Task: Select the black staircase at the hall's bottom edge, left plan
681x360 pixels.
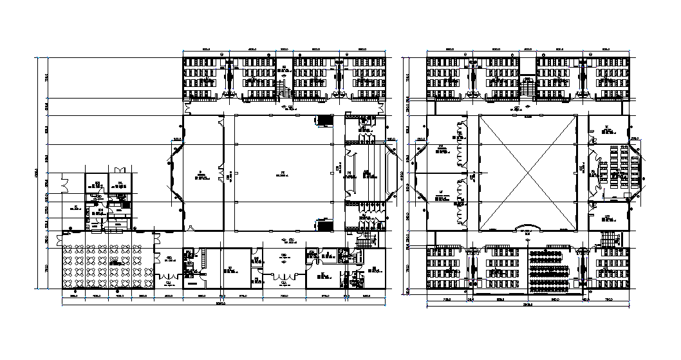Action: [325, 224]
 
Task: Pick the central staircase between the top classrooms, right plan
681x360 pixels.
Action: [528, 85]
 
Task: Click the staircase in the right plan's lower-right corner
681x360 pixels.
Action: [608, 240]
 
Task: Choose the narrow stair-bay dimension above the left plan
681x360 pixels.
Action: [284, 48]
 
